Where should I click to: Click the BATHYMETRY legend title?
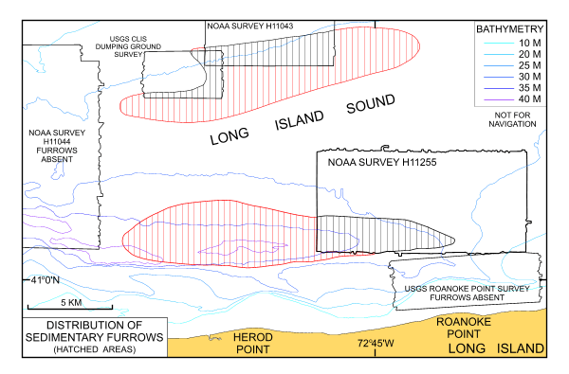507,29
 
